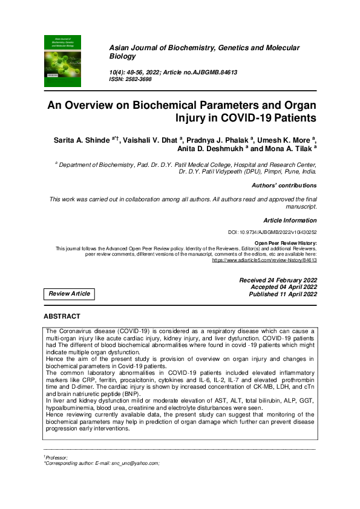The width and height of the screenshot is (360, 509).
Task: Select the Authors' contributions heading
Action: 284,185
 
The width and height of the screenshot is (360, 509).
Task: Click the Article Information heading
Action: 290,221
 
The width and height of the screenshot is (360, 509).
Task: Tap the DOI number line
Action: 280,232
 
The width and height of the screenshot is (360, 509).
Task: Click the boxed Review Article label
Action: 69,294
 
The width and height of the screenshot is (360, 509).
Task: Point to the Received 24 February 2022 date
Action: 278,280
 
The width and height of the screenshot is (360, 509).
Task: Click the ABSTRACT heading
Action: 62,316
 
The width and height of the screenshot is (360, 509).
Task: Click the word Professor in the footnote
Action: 57,458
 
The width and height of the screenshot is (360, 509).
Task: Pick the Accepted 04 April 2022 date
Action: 283,287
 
